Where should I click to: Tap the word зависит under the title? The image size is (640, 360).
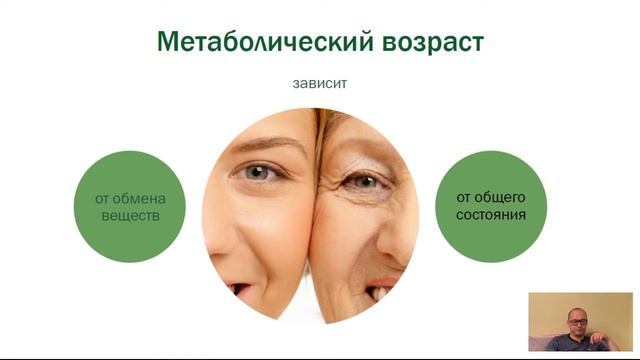pyautogui.click(x=320, y=85)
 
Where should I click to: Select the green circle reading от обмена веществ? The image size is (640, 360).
pyautogui.click(x=130, y=206)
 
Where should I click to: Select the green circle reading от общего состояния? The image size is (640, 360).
pyautogui.click(x=490, y=206)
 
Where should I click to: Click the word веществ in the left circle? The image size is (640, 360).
pyautogui.click(x=130, y=215)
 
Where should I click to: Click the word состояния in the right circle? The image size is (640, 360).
pyautogui.click(x=490, y=215)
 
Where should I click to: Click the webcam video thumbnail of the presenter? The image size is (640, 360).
pyautogui.click(x=580, y=322)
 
